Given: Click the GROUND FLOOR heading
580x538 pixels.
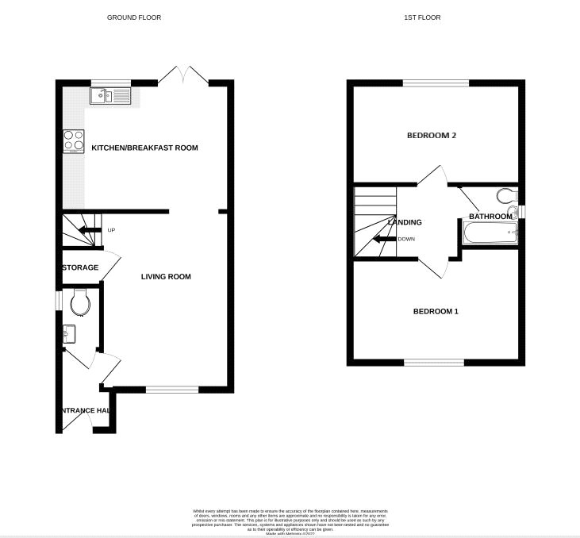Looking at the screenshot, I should pos(134,17).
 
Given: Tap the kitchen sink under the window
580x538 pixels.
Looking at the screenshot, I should pos(111,97).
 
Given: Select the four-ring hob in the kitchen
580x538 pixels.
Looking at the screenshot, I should pos(74,140).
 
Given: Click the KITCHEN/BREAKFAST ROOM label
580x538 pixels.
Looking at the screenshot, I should pos(144,148).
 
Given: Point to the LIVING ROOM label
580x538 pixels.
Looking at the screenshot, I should pos(166,277).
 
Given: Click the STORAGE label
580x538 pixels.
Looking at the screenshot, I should pos(81,267).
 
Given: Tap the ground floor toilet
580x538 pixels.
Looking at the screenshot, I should pos(80,302).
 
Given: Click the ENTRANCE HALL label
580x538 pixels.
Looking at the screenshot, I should pos(84,410).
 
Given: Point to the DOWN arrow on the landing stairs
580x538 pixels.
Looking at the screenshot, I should pos(386,239).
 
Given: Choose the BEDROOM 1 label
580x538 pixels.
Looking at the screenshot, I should pos(436,311).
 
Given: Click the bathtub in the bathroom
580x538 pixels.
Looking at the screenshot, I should pos(489,234).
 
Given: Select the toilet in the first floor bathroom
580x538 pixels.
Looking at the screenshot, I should pos(505,196).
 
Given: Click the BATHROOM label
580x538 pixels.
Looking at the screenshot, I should pos(490,216).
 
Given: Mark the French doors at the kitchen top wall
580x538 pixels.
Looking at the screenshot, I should pos(183,77).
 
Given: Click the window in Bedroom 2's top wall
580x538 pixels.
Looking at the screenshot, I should pos(435,83).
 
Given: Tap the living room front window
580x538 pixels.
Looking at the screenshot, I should pos(172,389).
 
